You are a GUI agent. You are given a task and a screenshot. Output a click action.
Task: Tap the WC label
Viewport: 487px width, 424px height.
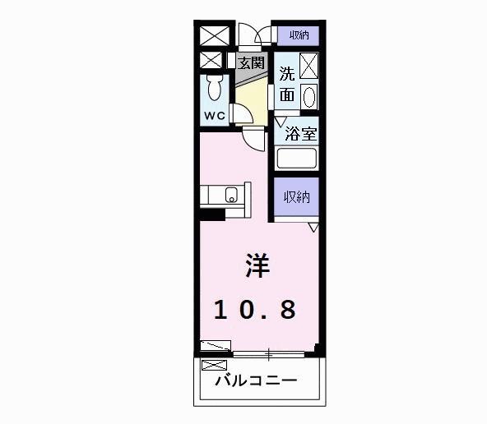click(x=214, y=116)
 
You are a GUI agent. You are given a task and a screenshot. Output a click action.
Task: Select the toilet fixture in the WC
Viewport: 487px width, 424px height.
click(x=216, y=87)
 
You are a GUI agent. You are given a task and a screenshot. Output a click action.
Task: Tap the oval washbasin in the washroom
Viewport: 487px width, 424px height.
click(x=308, y=96)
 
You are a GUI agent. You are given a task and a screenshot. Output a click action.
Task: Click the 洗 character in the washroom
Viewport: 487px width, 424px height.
click(x=286, y=72)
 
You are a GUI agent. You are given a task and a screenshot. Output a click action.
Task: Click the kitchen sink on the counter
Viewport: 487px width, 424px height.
click(x=232, y=196)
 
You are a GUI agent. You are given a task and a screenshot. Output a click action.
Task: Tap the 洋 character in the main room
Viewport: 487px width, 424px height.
click(x=255, y=267)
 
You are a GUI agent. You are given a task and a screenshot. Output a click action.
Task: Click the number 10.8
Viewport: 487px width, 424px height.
click(x=255, y=310)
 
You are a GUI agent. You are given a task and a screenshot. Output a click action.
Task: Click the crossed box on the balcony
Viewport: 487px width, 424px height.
click(x=213, y=365)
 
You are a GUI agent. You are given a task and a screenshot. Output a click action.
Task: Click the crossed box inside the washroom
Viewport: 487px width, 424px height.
click(x=309, y=64)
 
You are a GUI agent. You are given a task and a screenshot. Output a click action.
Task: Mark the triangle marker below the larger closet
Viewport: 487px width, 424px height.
click(x=313, y=225)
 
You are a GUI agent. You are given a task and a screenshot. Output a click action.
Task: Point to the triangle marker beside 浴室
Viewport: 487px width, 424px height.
click(x=280, y=122)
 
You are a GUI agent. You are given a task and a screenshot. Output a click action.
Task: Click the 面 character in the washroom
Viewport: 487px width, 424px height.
click(x=286, y=94)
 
